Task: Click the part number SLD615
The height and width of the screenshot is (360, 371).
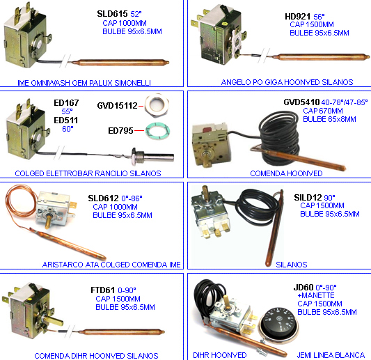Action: pyautogui.click(x=112, y=14)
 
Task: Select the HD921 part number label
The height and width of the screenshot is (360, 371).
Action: pyautogui.click(x=297, y=17)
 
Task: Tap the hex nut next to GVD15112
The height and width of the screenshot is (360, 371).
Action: pyautogui.click(x=157, y=106)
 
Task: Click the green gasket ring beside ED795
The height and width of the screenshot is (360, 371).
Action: pyautogui.click(x=157, y=131)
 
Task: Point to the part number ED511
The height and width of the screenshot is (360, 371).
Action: pyautogui.click(x=65, y=120)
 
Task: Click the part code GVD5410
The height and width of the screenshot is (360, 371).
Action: pyautogui.click(x=301, y=102)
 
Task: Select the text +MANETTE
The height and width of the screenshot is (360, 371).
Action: pyautogui.click(x=316, y=295)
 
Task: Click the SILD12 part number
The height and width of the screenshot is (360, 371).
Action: pyautogui.click(x=308, y=197)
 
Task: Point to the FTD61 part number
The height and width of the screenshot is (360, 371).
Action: pyautogui.click(x=103, y=290)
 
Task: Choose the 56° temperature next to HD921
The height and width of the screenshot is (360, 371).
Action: pyautogui.click(x=319, y=17)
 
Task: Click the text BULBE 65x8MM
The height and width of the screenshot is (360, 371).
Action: pyautogui.click(x=329, y=119)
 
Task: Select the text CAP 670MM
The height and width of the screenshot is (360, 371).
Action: pyautogui.click(x=323, y=111)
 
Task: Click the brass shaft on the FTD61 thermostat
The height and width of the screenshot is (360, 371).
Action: pyautogui.click(x=54, y=320)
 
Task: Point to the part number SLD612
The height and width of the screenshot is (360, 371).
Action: pyautogui.click(x=103, y=198)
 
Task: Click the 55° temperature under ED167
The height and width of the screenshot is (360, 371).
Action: pyautogui.click(x=67, y=111)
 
